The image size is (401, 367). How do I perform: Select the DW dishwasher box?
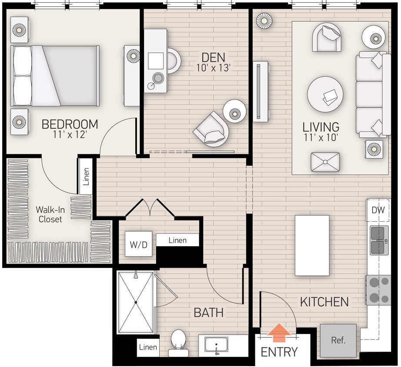[x=378, y=210]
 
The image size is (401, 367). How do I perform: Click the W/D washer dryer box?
[x=139, y=244]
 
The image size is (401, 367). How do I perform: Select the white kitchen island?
[x=312, y=245]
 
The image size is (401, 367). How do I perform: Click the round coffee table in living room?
[x=325, y=94]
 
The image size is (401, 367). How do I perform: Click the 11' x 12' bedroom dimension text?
[x=70, y=135]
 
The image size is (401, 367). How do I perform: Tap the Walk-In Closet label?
[x=50, y=214]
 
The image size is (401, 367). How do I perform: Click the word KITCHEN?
[x=324, y=301]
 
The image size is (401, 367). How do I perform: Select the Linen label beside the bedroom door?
[x=86, y=176]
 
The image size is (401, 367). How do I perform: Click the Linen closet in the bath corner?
[x=148, y=347]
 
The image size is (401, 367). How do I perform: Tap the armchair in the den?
[x=211, y=129]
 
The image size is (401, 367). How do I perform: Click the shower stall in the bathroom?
[x=136, y=302]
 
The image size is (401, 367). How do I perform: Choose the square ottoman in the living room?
[x=325, y=162]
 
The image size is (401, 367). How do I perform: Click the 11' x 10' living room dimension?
[x=321, y=139]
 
